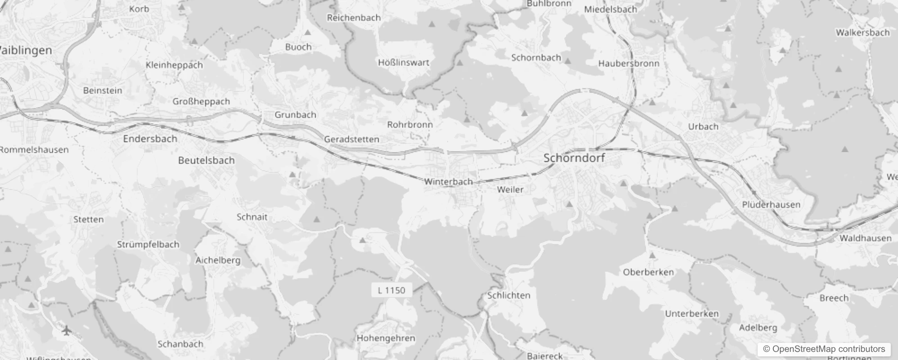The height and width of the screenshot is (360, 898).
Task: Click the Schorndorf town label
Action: coord(574,158)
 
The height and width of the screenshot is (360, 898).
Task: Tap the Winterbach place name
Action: coord(449,182)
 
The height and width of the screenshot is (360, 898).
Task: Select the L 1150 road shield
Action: coord(391,290)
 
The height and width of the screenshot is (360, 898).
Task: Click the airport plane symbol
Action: coord(67,331)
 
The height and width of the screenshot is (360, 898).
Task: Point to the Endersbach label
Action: coord(150,139)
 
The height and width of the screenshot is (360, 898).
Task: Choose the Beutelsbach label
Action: coord(206,160)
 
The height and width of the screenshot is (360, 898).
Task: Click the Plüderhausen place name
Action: coord(771,204)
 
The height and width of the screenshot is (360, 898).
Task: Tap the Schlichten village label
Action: coord(509,295)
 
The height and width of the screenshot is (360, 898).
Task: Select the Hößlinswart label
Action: coord(404,63)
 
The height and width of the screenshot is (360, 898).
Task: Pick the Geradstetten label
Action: coord(351,139)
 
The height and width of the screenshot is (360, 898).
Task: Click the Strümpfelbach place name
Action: coord(148,244)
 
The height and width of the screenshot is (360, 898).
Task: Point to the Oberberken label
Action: coord(648,272)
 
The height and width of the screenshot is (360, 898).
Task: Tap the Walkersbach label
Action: coord(862,32)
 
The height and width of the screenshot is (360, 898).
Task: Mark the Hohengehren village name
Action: coord(386,338)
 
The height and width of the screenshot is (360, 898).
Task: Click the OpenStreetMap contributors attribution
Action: coord(824,349)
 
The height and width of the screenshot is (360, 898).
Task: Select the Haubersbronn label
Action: coord(629,63)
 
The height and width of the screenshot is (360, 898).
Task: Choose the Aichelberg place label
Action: coord(218,260)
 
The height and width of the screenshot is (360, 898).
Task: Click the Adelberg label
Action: coord(758,328)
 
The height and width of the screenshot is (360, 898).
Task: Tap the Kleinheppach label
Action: coord(174,65)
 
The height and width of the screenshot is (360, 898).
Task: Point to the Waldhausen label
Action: coord(865,238)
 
